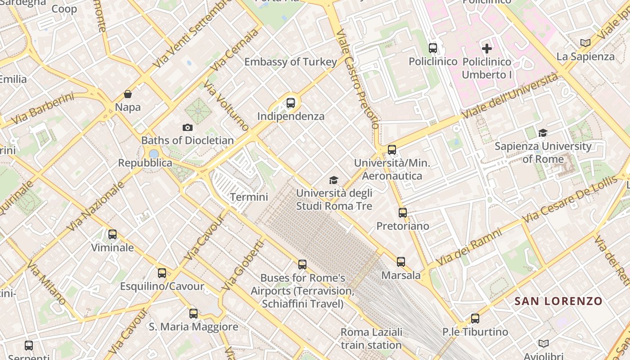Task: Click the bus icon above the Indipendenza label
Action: tap(291, 103)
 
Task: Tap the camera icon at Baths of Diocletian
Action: tap(188, 128)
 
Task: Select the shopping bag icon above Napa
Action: tap(128, 94)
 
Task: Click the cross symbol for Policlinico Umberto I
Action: tap(486, 48)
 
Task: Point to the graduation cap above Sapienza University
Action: tap(543, 133)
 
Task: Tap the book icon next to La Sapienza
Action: tap(585, 43)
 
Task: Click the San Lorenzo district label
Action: tap(558, 301)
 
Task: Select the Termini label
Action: tap(249, 197)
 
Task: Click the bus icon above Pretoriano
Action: tap(403, 212)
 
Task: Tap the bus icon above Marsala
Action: tap(401, 261)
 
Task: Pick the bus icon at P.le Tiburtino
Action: tap(475, 319)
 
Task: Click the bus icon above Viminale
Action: tap(112, 234)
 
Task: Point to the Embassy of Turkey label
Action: tap(290, 62)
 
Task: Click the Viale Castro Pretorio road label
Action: tap(357, 79)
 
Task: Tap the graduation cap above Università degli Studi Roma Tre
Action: tap(333, 180)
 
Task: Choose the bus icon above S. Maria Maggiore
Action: tap(193, 313)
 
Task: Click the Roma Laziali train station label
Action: tap(371, 338)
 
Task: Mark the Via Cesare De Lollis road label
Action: tap(570, 199)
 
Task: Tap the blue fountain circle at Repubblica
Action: tap(154, 154)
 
